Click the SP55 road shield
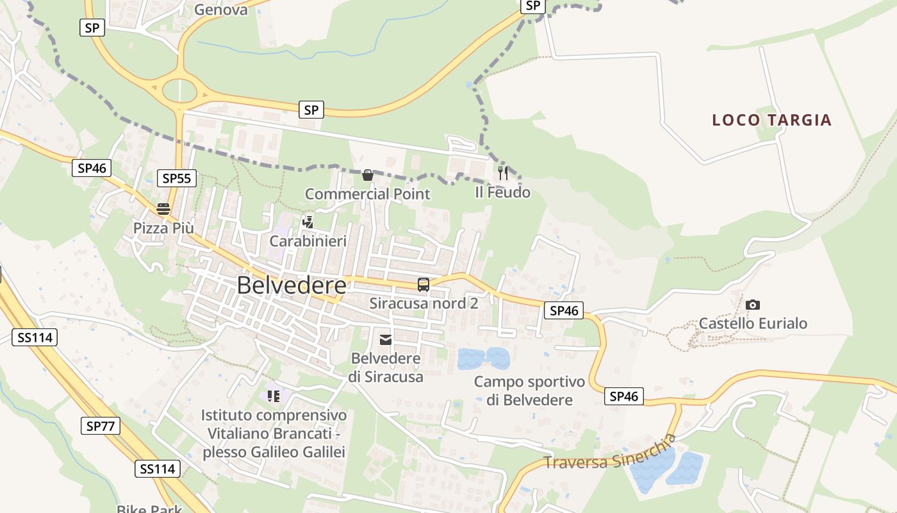point(177,178)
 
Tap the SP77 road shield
point(101,426)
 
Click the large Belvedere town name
point(292,285)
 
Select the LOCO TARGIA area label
point(771,120)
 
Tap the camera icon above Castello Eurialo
point(753,305)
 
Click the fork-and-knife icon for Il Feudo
point(503,172)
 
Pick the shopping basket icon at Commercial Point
point(368,175)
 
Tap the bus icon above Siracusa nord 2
point(423,284)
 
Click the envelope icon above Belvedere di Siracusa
point(386,339)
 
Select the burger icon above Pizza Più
point(163,209)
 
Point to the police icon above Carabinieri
point(308,222)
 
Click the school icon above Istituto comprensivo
point(274,396)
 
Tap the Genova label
point(220,10)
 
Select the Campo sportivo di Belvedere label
point(529,391)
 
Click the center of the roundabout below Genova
point(179,90)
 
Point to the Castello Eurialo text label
point(753,323)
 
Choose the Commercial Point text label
point(367,194)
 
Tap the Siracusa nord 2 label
point(424,303)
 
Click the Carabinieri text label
point(308,241)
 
